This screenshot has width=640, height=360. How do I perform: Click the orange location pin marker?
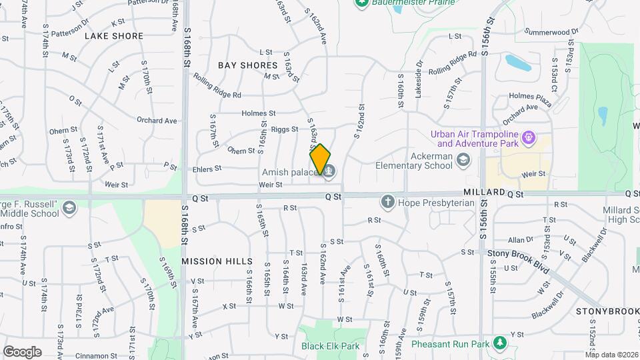pos(320,159)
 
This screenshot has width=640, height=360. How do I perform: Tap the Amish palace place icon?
pos(329,173)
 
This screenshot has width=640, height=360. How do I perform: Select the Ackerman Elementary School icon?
pos(464,160)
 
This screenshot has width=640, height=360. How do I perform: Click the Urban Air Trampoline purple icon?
pos(530,138)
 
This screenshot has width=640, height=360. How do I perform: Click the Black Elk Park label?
pos(330,346)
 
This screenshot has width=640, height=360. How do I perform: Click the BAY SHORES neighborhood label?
pos(247,65)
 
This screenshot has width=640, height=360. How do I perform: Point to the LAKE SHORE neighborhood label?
pos(114,36)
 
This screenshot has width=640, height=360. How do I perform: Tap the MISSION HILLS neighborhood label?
pos(217,261)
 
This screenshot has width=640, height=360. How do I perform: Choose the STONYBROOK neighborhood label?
pos(607,311)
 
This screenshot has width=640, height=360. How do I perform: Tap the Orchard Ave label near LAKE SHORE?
pos(157,121)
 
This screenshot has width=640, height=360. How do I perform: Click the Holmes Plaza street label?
pos(530,95)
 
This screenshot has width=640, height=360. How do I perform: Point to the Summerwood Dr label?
pos(551,31)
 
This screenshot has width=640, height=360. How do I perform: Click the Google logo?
pos(22,351)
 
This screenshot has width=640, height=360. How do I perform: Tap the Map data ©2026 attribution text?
pos(611,355)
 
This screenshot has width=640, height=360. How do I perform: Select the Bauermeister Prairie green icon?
pos(362,3)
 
